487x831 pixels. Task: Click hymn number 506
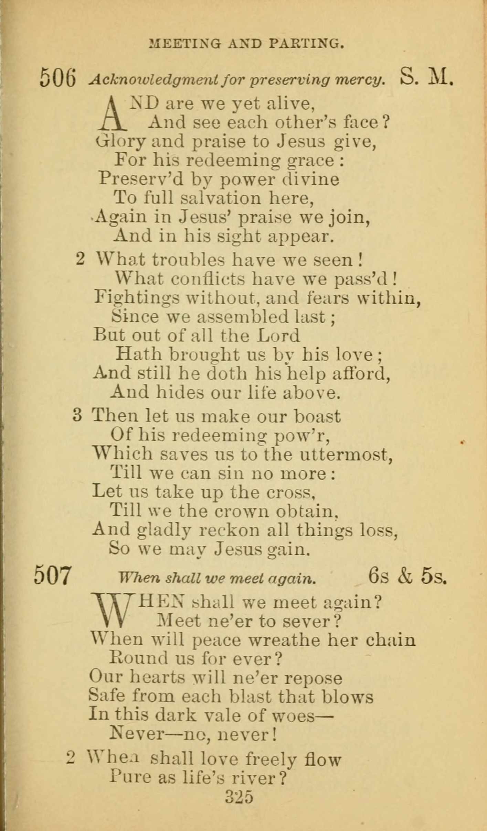(x=57, y=78)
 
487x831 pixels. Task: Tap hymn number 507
(x=53, y=575)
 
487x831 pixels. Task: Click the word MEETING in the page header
(x=184, y=44)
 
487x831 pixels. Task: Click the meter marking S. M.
(x=426, y=78)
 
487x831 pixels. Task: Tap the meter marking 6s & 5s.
(x=407, y=575)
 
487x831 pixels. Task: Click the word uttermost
(x=346, y=455)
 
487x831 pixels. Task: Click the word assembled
(x=242, y=317)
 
